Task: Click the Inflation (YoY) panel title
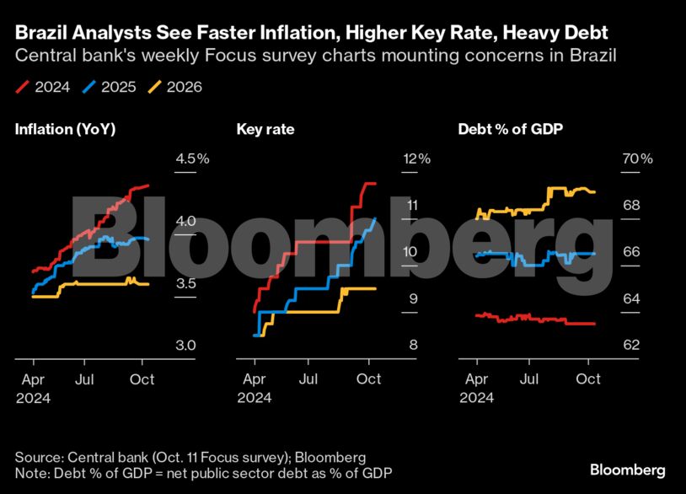click(x=65, y=130)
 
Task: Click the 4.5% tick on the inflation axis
click(x=191, y=158)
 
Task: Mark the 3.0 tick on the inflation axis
click(x=185, y=346)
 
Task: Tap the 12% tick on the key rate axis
click(x=416, y=158)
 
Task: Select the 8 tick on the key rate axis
click(x=413, y=346)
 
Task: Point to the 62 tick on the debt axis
click(x=631, y=346)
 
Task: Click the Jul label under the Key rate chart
click(x=310, y=379)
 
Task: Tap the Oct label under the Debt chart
click(x=587, y=379)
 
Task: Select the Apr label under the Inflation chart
click(x=33, y=379)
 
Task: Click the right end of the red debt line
click(x=595, y=324)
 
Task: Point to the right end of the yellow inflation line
click(x=148, y=284)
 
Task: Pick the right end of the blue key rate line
click(x=377, y=218)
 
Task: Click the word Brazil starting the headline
click(x=37, y=33)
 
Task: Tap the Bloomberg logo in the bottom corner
click(x=627, y=470)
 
